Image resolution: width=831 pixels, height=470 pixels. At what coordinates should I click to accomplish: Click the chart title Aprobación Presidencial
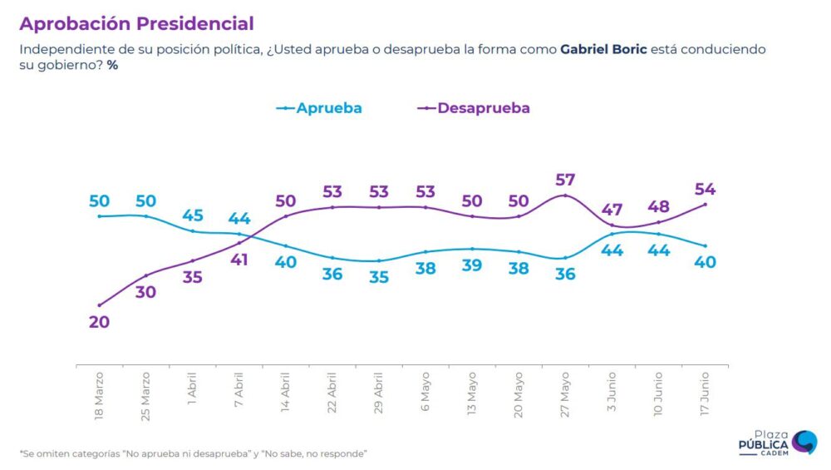pos(136,23)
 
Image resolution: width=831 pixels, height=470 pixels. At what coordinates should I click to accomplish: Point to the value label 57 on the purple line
pos(565,180)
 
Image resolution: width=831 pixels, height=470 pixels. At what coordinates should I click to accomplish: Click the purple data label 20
pos(100,322)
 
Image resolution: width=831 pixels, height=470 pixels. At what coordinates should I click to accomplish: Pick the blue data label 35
pos(379,277)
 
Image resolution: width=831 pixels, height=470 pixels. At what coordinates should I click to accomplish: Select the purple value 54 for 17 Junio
pos(706,189)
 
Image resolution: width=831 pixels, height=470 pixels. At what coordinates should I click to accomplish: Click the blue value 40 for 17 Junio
pos(706,262)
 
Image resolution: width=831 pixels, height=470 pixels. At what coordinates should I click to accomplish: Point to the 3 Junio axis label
pos(612,393)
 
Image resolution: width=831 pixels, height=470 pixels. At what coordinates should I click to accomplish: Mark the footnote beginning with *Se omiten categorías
pos(193,453)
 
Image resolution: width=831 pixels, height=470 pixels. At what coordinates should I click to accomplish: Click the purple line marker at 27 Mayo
pos(565,195)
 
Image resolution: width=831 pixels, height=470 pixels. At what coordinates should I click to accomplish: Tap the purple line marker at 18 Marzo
pos(100,305)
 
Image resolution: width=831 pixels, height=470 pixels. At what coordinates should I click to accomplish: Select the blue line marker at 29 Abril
pos(379,261)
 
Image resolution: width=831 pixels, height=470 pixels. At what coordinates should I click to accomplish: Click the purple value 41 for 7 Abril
pos(239,259)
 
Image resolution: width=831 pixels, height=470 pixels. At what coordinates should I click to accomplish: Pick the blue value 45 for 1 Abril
pos(193,215)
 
